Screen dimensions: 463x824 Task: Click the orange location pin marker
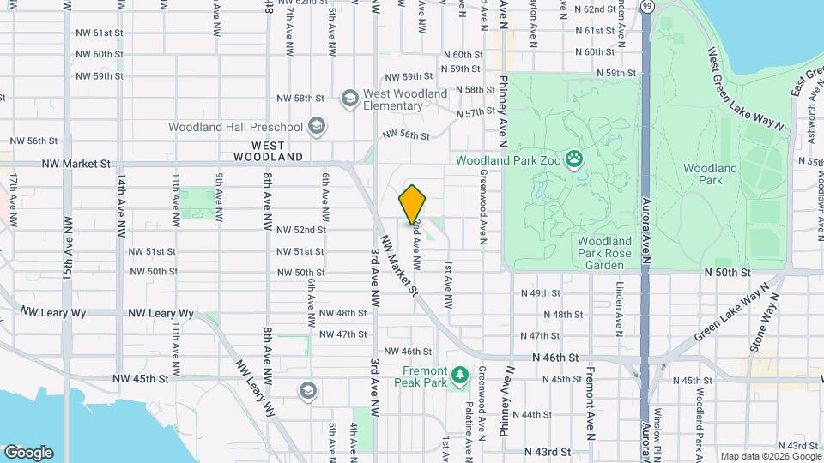[x=413, y=204]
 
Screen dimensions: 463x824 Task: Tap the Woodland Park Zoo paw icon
[x=573, y=159]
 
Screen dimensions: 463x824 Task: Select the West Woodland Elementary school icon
[x=349, y=99]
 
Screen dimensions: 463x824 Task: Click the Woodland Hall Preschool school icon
[x=316, y=127]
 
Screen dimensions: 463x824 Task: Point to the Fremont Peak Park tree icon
[x=461, y=375]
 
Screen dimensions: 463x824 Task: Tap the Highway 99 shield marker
[x=646, y=7]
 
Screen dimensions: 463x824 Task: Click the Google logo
[x=28, y=453]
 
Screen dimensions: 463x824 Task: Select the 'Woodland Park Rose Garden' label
[x=604, y=253]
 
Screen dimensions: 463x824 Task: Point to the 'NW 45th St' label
[x=140, y=378]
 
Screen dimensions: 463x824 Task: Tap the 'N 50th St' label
[x=727, y=272]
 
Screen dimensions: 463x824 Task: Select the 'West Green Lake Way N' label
[x=746, y=88]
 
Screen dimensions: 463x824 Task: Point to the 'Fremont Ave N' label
[x=591, y=404]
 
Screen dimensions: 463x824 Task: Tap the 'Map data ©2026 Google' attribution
[x=769, y=456]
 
